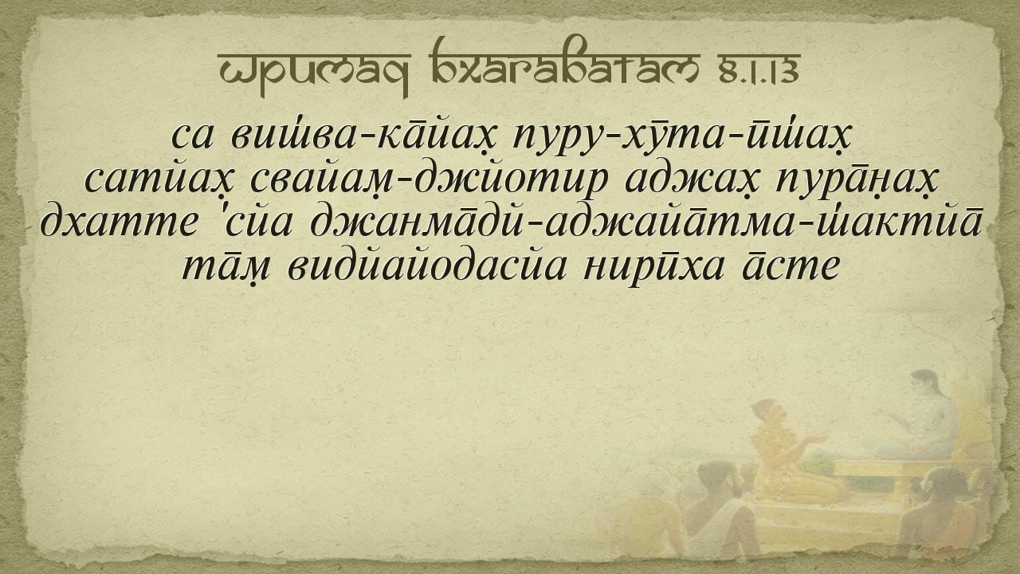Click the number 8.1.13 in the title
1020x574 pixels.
[759, 73]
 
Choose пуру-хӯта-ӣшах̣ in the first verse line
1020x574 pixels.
[681, 136]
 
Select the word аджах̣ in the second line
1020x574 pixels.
[692, 182]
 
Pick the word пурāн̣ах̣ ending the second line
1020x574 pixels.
[857, 182]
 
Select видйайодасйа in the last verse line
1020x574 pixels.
[428, 266]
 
